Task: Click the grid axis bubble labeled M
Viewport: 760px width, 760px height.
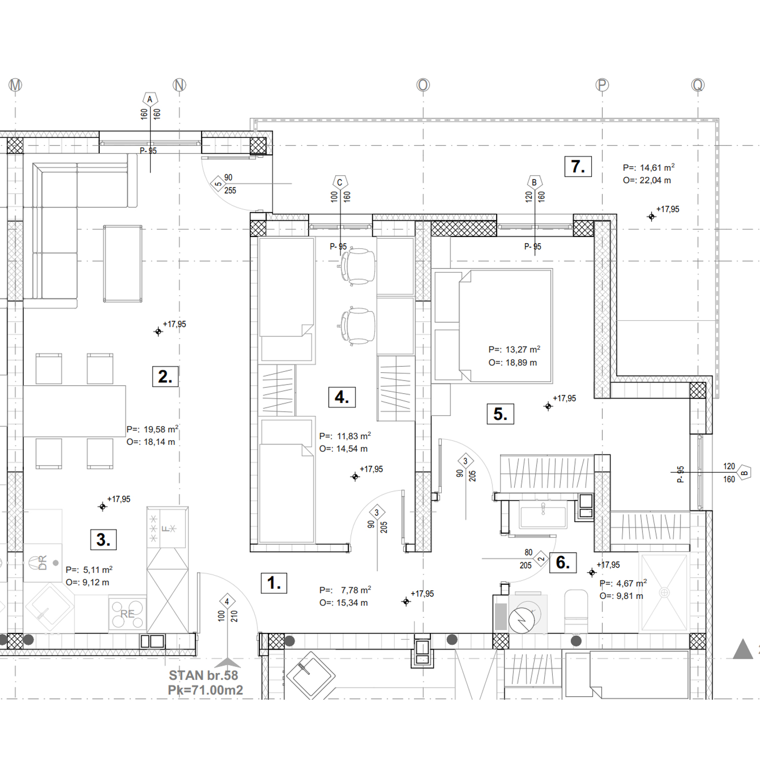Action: [15, 85]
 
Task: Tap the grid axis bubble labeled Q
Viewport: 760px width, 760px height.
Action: [698, 85]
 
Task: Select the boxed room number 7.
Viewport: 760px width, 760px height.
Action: [578, 167]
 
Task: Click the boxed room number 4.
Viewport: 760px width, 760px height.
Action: [342, 397]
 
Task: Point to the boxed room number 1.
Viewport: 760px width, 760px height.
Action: [274, 583]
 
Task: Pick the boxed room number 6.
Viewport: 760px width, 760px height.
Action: [563, 562]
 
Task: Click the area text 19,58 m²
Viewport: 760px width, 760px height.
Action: [161, 429]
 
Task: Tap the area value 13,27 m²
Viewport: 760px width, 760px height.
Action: [523, 350]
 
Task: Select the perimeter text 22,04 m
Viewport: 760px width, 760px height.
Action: [655, 180]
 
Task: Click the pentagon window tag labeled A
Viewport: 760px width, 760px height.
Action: [150, 99]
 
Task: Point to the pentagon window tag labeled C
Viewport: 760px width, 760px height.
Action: [340, 182]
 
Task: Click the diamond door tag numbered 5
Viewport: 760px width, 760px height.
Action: [218, 184]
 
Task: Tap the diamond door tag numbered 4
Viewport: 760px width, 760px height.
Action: [227, 601]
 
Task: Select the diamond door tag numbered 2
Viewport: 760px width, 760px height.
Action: [541, 559]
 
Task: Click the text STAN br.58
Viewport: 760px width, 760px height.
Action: [203, 675]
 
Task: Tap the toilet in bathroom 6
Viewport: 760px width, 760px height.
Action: [576, 611]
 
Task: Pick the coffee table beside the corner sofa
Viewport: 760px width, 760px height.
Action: [123, 263]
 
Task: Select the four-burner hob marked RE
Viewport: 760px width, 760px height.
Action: [127, 614]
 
